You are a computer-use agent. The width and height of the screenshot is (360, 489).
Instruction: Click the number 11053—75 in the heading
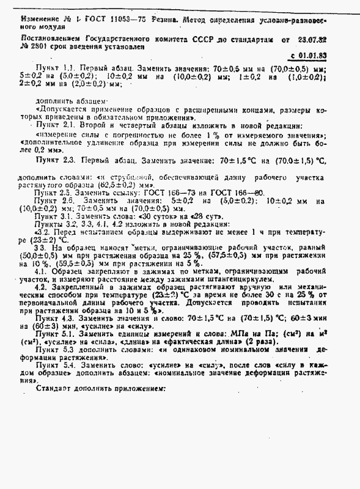(x=131, y=20)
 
